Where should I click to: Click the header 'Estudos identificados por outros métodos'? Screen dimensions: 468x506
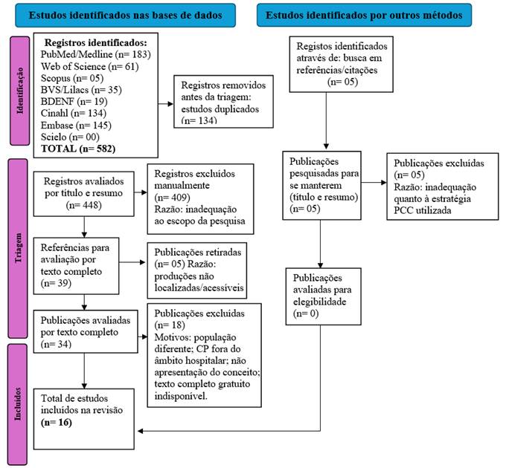pos(361,14)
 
